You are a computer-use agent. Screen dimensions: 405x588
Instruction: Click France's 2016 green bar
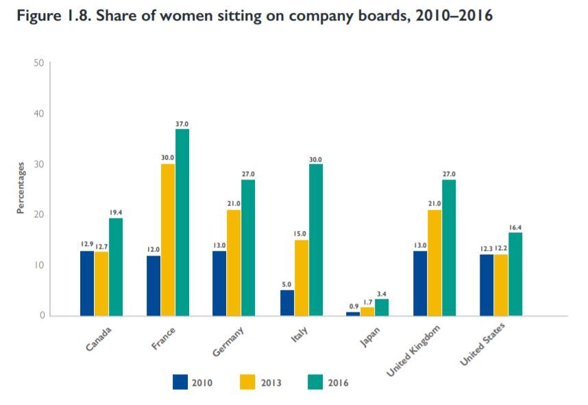[x=182, y=222]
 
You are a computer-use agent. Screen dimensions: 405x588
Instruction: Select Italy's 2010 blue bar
[x=287, y=302]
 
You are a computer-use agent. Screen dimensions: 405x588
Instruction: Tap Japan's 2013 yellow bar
[x=368, y=311]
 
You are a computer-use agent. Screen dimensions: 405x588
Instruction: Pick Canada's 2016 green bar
[x=115, y=267]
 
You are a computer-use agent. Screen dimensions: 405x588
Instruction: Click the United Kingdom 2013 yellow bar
[x=434, y=262]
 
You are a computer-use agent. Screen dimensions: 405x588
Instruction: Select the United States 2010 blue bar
[x=487, y=284]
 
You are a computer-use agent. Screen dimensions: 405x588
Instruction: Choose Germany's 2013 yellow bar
[x=234, y=262]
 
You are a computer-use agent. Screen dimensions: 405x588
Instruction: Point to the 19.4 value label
[x=115, y=212]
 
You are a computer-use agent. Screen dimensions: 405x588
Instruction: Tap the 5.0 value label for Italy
[x=287, y=284]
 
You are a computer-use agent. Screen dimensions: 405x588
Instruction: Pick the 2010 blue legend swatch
[x=181, y=382]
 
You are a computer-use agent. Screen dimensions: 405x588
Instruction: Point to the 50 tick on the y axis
[x=38, y=63]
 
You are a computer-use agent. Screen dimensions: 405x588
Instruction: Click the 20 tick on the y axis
[x=38, y=214]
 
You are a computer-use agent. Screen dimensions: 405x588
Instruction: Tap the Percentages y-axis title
[x=21, y=188]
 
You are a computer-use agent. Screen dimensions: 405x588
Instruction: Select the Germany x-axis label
[x=230, y=341]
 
